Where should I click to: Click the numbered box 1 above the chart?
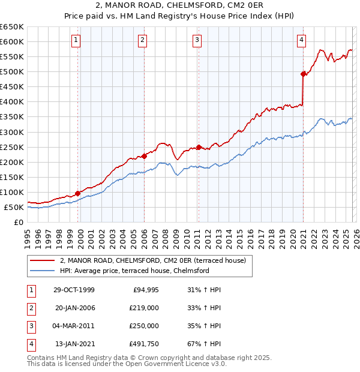77,40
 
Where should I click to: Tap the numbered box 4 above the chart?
301,40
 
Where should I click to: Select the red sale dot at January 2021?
303,74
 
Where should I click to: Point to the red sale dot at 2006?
144,156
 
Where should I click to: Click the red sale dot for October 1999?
78,193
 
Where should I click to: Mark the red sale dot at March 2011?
199,146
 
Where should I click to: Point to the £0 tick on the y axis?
19,223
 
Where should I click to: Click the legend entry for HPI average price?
134,271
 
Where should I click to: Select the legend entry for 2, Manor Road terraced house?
148,260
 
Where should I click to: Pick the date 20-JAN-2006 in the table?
74,308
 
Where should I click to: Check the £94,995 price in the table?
145,290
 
